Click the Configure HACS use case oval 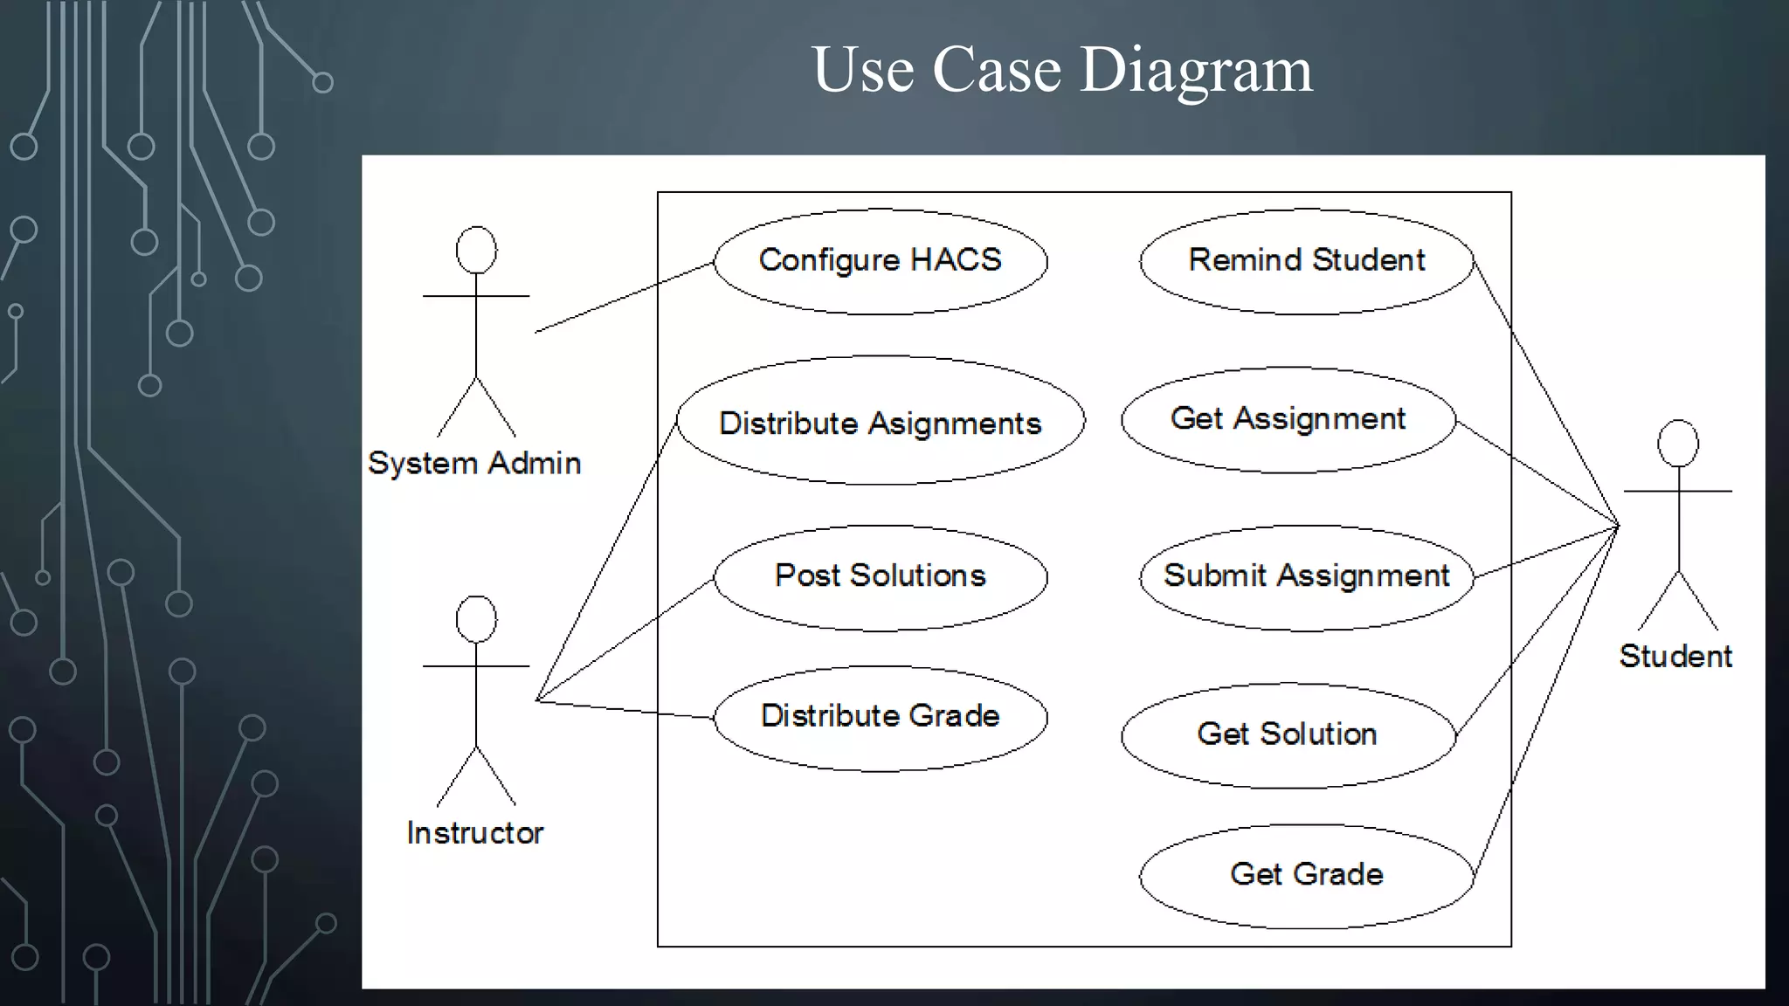(880, 261)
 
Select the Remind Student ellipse (1306, 261)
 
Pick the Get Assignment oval (1288, 420)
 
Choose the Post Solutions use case (880, 577)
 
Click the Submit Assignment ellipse (1306, 577)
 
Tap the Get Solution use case (1288, 735)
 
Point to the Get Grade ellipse (1306, 876)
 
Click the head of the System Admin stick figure (476, 251)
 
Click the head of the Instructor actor (476, 619)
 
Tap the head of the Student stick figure (1677, 444)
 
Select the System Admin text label (474, 463)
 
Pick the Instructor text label (474, 833)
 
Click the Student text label (1675, 656)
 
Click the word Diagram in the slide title (1196, 70)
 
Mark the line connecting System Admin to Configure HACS (625, 297)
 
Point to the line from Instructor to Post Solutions (625, 639)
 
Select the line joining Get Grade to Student (1546, 699)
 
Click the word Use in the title (863, 70)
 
